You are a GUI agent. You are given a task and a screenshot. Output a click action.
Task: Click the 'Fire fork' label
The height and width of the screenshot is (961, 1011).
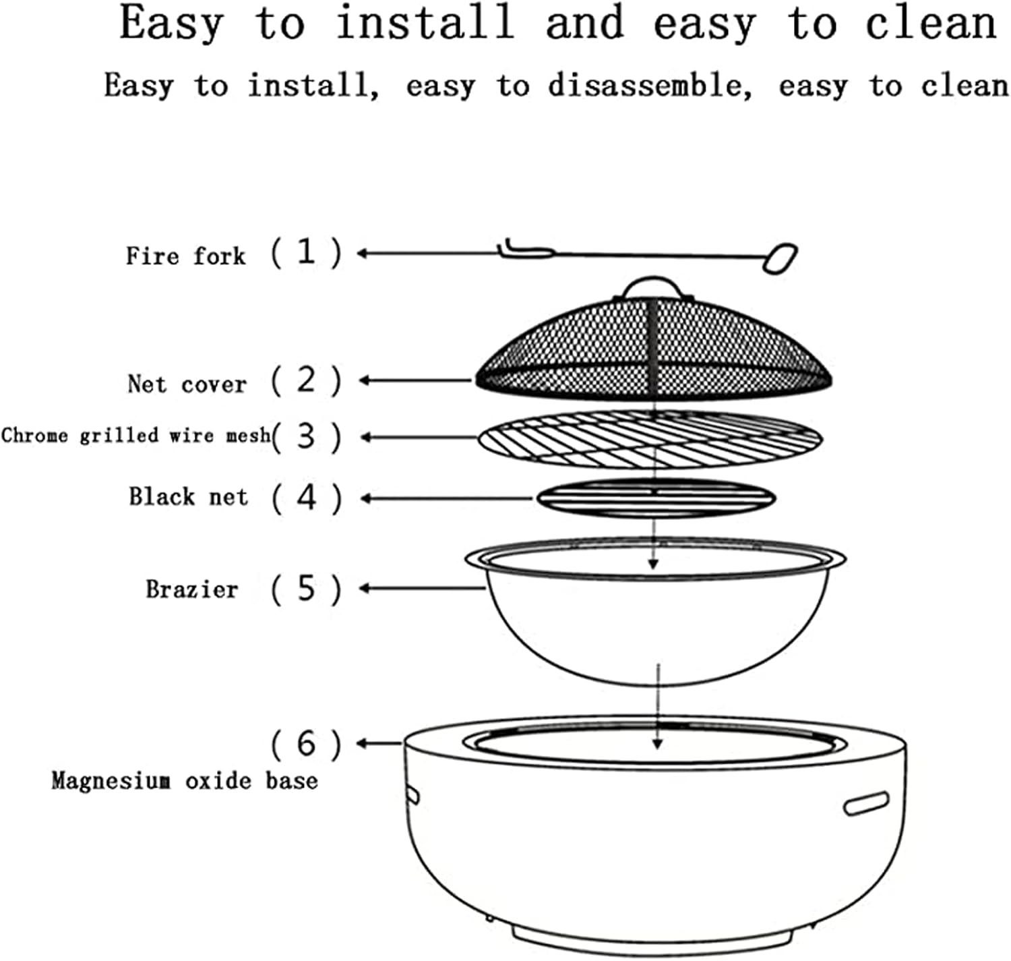[185, 256]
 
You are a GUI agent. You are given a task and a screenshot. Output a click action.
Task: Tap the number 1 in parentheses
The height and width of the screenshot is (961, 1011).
[306, 252]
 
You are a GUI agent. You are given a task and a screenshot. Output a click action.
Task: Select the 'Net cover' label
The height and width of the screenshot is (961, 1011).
[187, 384]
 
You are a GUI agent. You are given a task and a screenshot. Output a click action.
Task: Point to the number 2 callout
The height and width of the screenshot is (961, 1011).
[306, 380]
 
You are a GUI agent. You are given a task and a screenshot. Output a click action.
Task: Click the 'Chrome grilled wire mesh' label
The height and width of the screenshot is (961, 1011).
[135, 436]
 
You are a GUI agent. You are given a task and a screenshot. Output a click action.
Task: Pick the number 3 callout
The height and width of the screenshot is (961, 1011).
[306, 436]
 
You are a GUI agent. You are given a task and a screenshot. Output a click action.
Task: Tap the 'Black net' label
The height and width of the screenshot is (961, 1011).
[188, 497]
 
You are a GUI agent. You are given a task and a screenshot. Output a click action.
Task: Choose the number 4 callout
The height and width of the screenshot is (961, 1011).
[306, 498]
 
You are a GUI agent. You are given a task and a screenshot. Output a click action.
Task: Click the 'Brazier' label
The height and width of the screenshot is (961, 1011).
[192, 589]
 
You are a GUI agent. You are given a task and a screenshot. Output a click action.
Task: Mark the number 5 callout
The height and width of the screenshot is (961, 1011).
[306, 589]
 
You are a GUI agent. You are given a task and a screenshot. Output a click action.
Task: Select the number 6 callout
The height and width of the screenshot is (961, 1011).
[306, 744]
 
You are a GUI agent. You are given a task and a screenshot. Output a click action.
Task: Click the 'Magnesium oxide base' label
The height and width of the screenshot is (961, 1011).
[184, 781]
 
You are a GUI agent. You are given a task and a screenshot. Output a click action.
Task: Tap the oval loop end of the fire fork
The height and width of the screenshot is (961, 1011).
[780, 258]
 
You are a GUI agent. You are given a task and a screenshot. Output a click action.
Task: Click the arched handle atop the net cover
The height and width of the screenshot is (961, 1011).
[653, 286]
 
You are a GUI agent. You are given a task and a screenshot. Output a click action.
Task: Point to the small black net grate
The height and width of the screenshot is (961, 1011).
[656, 499]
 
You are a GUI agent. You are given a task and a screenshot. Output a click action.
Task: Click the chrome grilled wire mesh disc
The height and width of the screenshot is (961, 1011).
[650, 439]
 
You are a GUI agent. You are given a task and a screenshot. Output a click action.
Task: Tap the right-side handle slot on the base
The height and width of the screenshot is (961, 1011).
[866, 804]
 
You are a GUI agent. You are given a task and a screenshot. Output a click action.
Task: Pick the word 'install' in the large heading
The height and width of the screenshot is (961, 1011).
[425, 23]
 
